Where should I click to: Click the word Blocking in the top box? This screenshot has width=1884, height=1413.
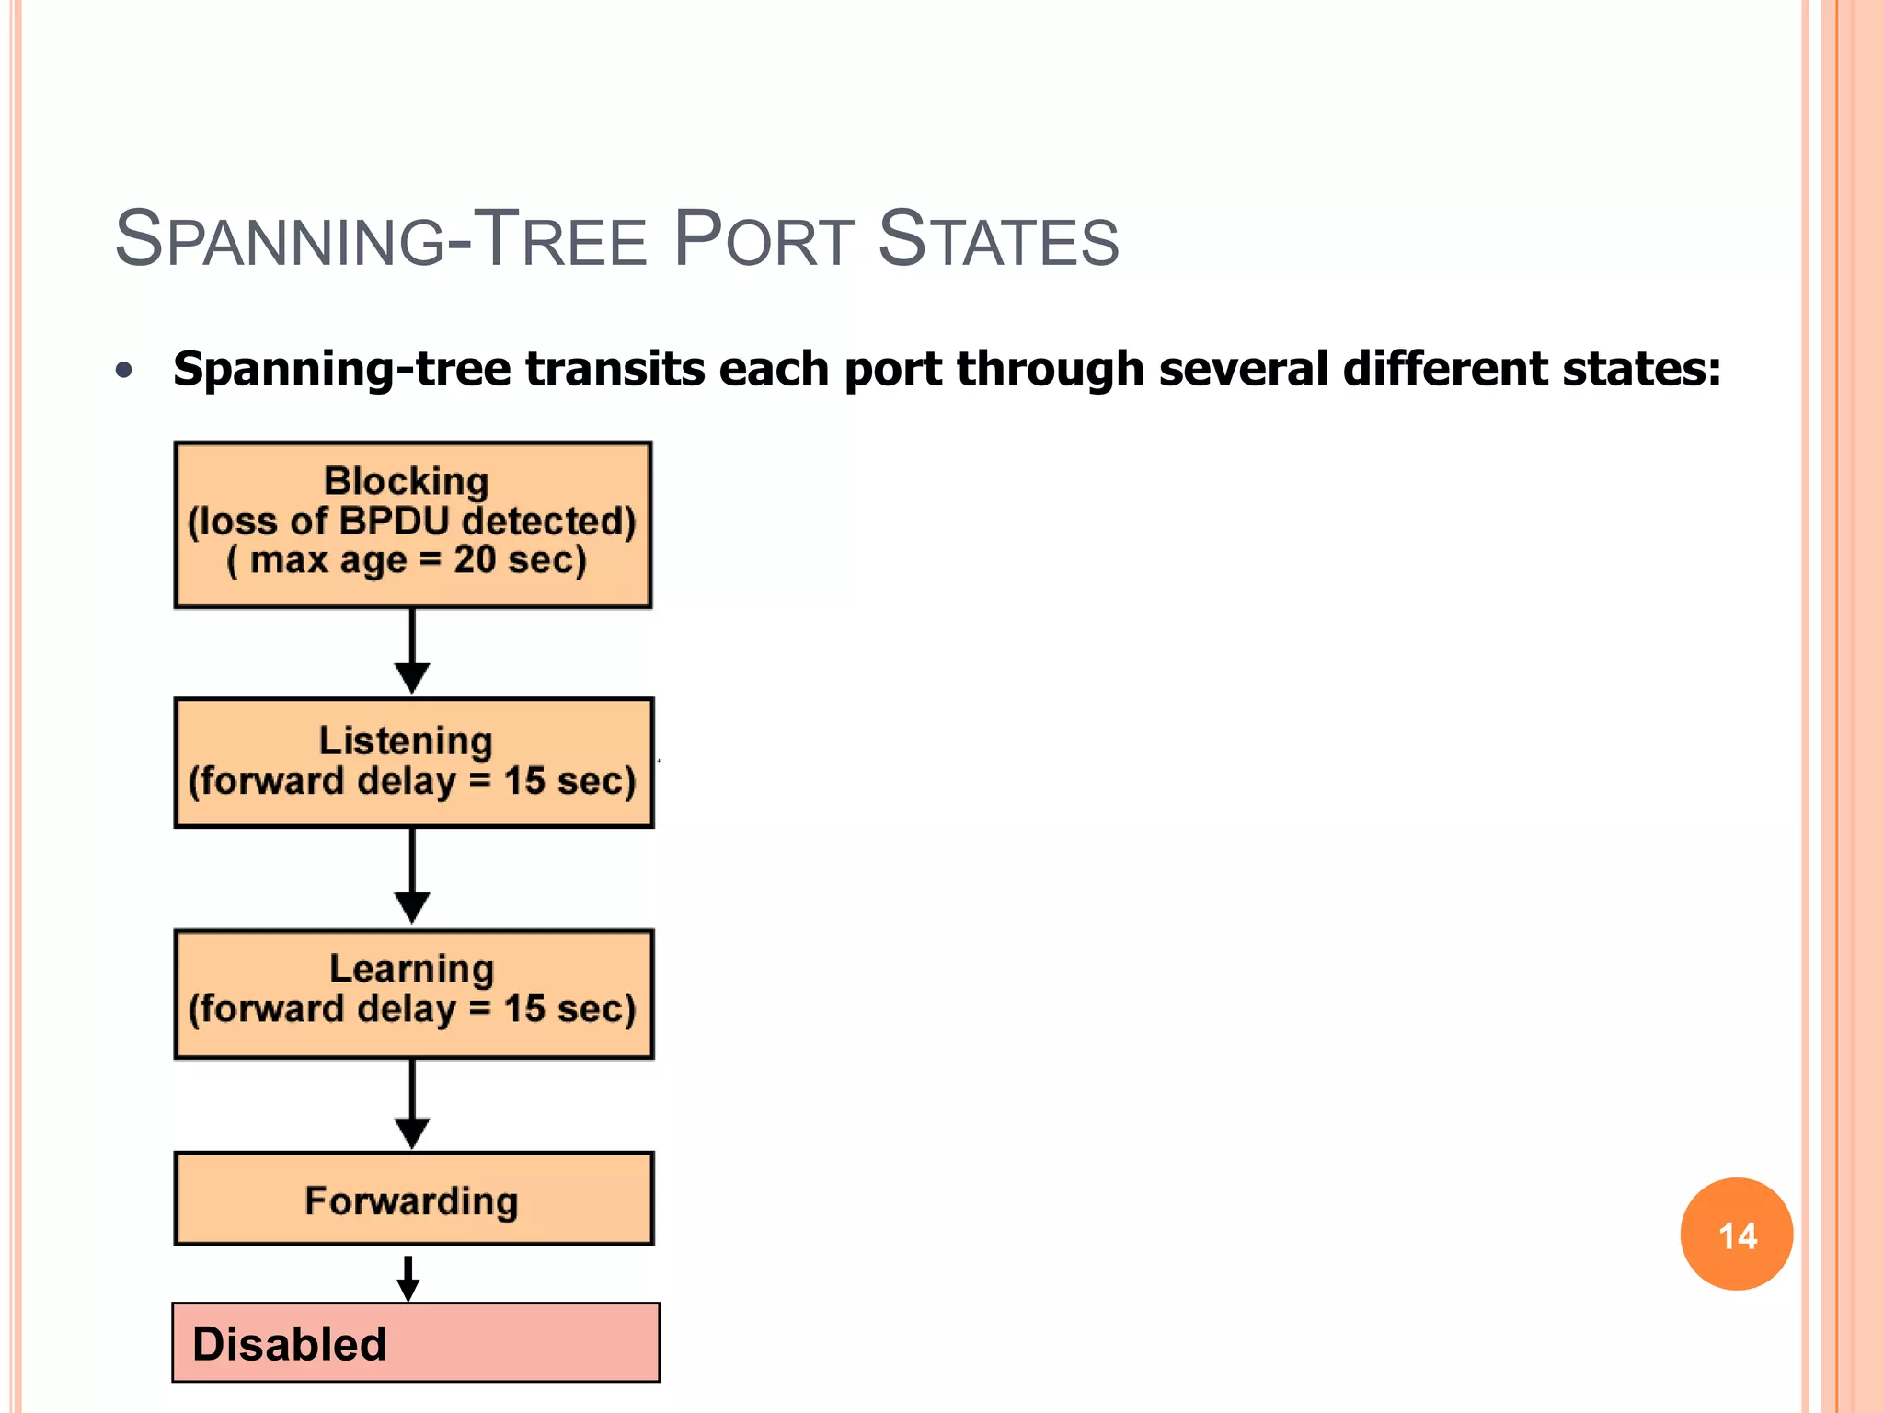click(406, 481)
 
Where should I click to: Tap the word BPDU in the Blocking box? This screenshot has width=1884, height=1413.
click(394, 521)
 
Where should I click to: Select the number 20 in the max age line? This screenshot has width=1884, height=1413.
click(475, 559)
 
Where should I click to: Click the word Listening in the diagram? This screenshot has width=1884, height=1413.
click(406, 741)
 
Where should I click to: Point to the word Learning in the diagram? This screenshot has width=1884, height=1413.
click(411, 969)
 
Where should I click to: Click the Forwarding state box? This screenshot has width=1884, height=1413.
click(413, 1200)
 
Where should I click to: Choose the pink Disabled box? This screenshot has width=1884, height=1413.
click(416, 1343)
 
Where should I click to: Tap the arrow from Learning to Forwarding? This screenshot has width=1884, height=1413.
click(412, 1104)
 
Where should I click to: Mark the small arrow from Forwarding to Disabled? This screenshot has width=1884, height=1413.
click(408, 1278)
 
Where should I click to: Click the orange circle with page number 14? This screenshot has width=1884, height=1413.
click(1736, 1235)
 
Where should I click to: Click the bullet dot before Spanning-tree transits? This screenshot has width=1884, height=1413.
click(125, 371)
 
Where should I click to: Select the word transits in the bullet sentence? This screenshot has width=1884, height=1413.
click(615, 369)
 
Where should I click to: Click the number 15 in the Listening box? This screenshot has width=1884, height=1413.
click(524, 781)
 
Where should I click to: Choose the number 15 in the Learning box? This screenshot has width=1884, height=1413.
click(524, 1009)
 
